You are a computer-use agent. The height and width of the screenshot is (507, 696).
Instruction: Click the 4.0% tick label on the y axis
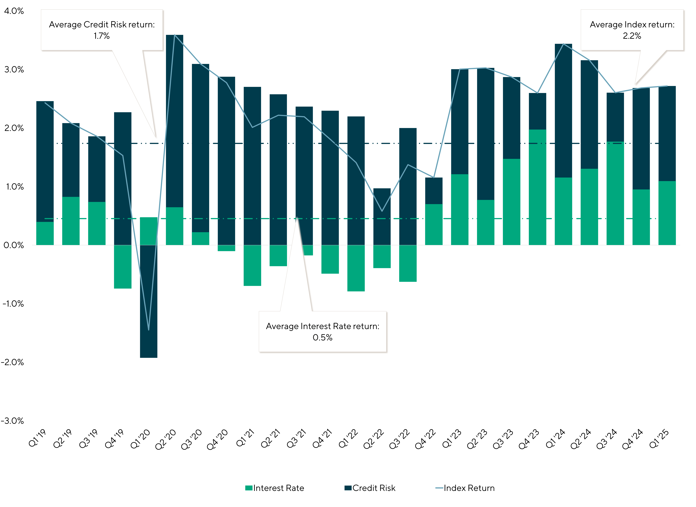click(14, 11)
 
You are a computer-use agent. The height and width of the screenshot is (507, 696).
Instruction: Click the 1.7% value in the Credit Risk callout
click(102, 36)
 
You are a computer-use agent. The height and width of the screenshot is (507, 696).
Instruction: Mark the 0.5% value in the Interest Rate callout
click(323, 338)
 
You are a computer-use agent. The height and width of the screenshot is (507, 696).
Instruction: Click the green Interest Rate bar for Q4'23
click(538, 187)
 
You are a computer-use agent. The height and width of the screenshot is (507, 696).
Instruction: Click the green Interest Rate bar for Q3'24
click(615, 193)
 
